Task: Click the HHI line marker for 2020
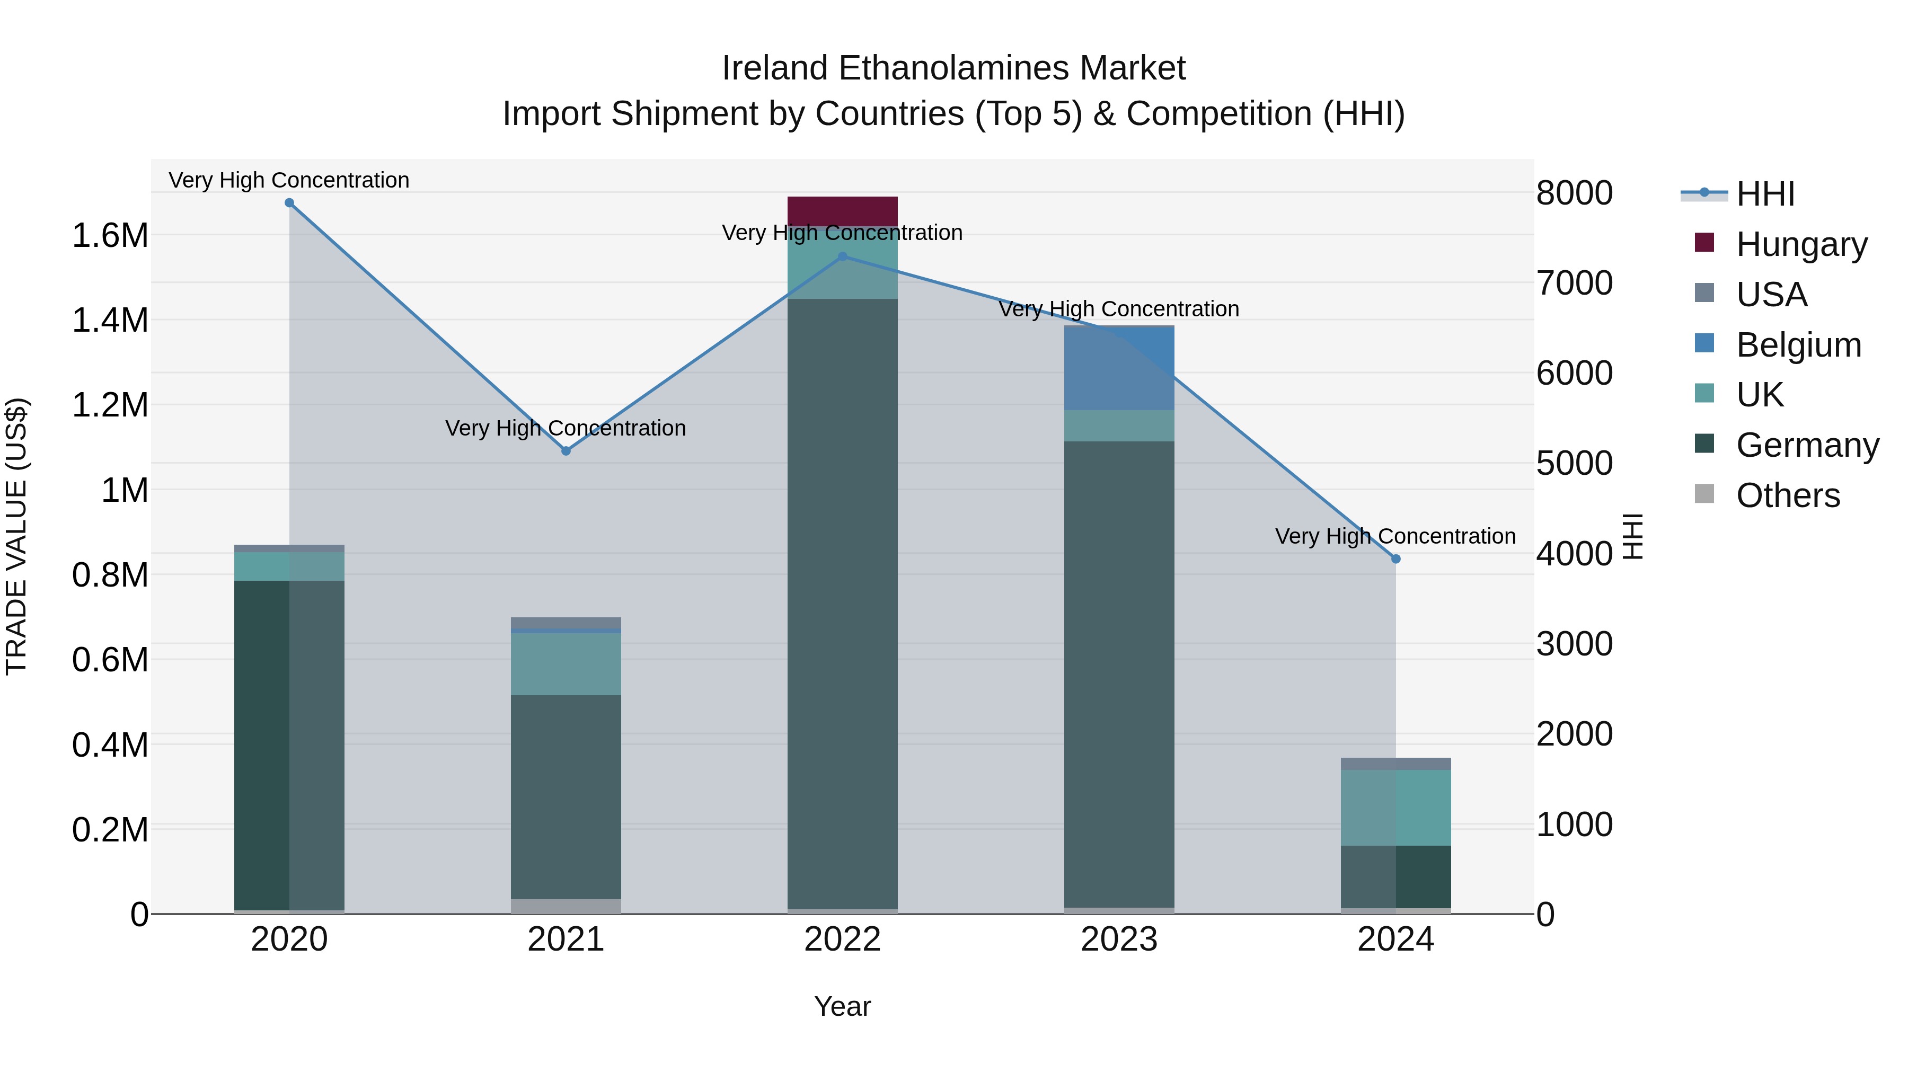(289, 203)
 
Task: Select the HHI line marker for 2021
(566, 451)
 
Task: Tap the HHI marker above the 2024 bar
(1396, 559)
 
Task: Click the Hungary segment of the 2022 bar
(842, 210)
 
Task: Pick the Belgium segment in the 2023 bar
(1119, 368)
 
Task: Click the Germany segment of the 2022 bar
(842, 604)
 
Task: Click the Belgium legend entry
(1798, 345)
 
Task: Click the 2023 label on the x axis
(1119, 939)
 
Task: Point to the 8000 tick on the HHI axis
(1575, 193)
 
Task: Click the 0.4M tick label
(110, 745)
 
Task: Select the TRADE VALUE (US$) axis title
(16, 536)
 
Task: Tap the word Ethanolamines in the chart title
(954, 68)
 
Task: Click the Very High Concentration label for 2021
(566, 428)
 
